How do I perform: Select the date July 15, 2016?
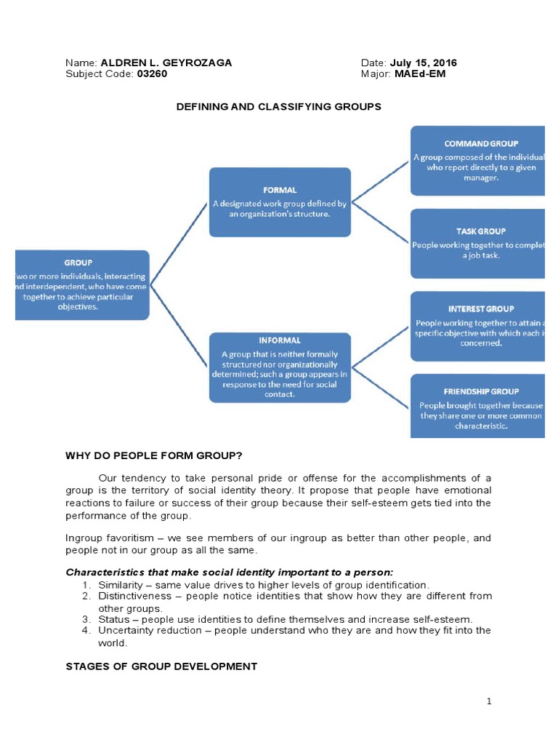tap(424, 63)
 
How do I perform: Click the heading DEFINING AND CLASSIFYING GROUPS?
tap(279, 107)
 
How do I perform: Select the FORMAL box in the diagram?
tap(280, 202)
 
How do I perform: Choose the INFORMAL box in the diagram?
tap(280, 367)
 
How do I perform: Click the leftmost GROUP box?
tap(82, 285)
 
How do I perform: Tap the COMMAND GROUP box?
tap(477, 161)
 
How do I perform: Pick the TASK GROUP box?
tap(477, 244)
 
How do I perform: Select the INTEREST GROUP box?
tap(477, 326)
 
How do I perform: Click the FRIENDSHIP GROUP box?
tap(477, 406)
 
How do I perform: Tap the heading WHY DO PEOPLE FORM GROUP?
tap(153, 456)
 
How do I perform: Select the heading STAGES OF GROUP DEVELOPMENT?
tap(161, 666)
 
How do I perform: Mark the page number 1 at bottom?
tap(490, 701)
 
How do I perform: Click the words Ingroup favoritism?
tap(109, 538)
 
